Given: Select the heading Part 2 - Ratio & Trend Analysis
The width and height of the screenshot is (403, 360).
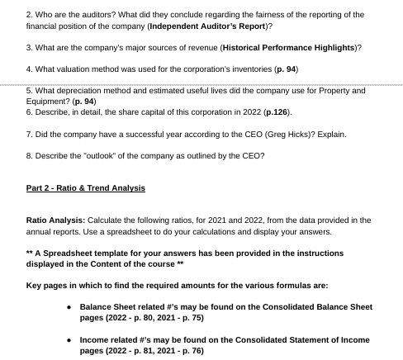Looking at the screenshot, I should tap(86, 188).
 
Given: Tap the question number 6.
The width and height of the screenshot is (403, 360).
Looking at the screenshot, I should tap(30, 111).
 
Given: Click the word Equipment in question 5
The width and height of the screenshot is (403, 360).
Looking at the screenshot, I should tap(48, 101).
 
